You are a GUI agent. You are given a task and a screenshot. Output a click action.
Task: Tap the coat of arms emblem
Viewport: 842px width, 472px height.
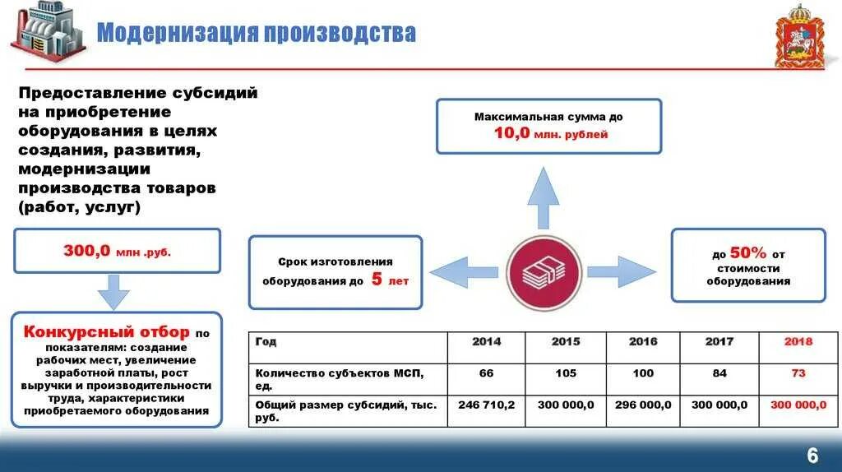pyautogui.click(x=794, y=35)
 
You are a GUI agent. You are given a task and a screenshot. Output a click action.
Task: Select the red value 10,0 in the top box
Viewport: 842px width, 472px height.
pyautogui.click(x=511, y=133)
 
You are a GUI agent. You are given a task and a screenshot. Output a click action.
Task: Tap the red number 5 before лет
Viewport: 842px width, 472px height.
pyautogui.click(x=377, y=280)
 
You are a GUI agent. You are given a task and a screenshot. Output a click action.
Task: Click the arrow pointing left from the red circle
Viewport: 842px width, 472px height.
pyautogui.click(x=462, y=272)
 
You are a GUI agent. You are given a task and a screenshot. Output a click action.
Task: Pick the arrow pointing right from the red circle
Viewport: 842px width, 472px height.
pyautogui.click(x=621, y=272)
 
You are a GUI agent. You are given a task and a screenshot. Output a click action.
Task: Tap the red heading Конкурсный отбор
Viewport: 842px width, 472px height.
pyautogui.click(x=107, y=333)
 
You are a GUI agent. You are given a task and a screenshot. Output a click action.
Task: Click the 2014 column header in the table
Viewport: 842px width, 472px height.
pyautogui.click(x=486, y=341)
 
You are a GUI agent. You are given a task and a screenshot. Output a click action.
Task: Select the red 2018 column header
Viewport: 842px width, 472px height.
pyautogui.click(x=798, y=341)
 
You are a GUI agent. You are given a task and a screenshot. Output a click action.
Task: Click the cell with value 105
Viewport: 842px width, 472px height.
pyautogui.click(x=565, y=373)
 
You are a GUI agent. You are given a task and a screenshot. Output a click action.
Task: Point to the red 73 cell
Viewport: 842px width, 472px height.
pyautogui.click(x=798, y=373)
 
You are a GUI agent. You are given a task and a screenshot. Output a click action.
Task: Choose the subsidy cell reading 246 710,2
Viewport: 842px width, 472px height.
pyautogui.click(x=486, y=405)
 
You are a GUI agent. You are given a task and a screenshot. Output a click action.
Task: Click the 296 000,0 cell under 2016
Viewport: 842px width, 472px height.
pyautogui.click(x=643, y=405)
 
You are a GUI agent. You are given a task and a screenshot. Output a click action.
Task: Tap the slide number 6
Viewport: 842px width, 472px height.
pyautogui.click(x=812, y=456)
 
